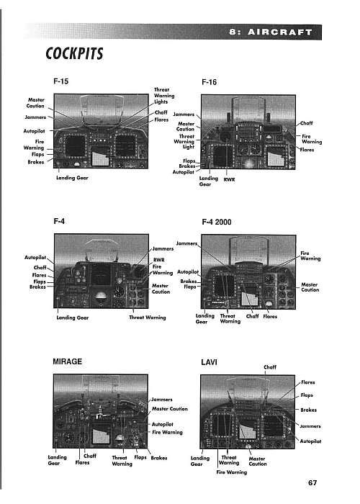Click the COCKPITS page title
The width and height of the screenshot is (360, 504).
coord(74,53)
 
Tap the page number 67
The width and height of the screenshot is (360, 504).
coord(312,483)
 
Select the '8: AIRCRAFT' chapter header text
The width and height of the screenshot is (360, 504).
coord(271,32)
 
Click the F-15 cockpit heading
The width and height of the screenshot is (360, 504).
coord(60,81)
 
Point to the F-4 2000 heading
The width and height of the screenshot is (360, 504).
coord(216,222)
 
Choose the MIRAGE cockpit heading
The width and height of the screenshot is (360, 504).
coord(67,361)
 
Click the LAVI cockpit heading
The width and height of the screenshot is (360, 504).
coord(209,362)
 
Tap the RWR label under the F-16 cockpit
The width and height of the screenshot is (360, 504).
coord(229,180)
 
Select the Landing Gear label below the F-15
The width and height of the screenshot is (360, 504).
coord(72,178)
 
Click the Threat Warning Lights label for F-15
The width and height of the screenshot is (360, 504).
coord(164,96)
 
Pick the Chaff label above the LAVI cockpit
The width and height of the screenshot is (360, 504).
coord(270,367)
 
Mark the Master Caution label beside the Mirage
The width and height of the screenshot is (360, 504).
coord(170,409)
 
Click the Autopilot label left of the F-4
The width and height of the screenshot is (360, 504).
coord(35,258)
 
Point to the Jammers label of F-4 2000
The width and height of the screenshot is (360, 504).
coord(186,243)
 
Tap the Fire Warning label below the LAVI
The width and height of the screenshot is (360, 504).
coord(231,472)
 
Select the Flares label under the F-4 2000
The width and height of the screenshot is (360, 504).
coord(270,316)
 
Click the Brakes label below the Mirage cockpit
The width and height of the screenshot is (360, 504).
coord(159,458)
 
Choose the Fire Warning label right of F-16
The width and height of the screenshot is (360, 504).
coord(312,139)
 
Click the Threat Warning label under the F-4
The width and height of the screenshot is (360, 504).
coord(147,318)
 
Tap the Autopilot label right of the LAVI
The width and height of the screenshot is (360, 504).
coord(310,441)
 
